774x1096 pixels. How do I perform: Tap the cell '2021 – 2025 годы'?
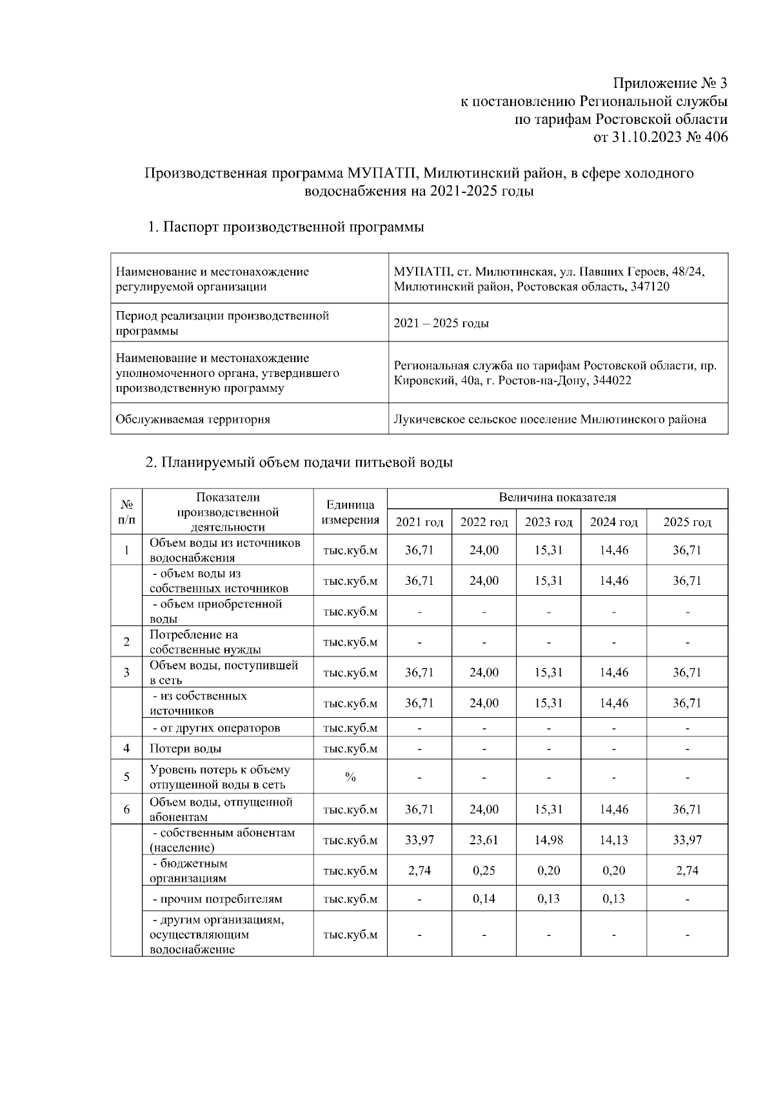pyautogui.click(x=441, y=323)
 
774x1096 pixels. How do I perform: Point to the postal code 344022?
pyautogui.click(x=610, y=381)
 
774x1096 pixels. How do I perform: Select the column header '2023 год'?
pyautogui.click(x=548, y=522)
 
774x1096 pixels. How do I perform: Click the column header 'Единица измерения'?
pyautogui.click(x=350, y=512)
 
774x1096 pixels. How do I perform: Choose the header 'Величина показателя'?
pyautogui.click(x=557, y=498)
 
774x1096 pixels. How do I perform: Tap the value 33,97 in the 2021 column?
pyautogui.click(x=419, y=840)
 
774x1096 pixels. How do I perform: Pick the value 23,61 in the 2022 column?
pyautogui.click(x=484, y=840)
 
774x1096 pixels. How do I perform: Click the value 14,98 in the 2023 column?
pyautogui.click(x=548, y=840)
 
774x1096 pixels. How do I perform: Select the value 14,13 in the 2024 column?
pyautogui.click(x=613, y=840)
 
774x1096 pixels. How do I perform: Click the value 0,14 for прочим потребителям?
pyautogui.click(x=484, y=899)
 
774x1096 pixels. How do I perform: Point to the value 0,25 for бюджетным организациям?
pyautogui.click(x=484, y=870)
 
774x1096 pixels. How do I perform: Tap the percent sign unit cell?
pyautogui.click(x=350, y=777)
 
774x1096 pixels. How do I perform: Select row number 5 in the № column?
pyautogui.click(x=126, y=777)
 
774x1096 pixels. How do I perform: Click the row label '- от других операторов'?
pyautogui.click(x=216, y=728)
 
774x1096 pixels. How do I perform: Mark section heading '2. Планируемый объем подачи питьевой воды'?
pyautogui.click(x=299, y=463)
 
